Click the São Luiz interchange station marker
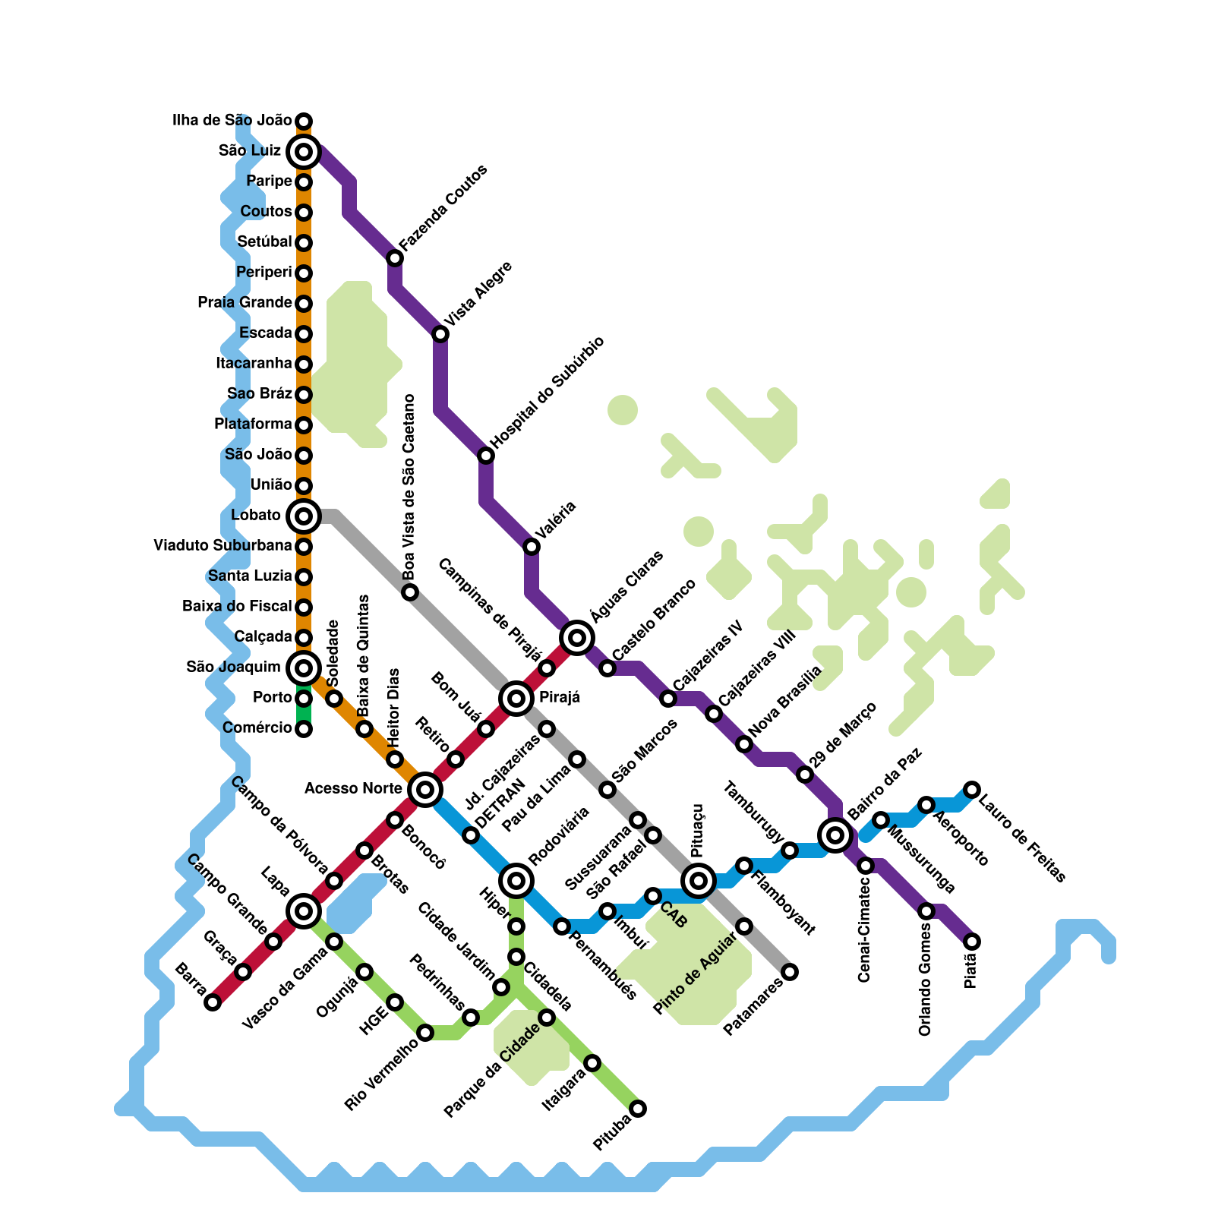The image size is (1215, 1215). click(304, 152)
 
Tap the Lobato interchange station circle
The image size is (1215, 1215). click(304, 516)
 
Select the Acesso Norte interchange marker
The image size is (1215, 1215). click(425, 790)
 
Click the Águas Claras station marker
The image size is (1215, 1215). click(577, 637)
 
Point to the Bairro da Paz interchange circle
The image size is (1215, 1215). click(835, 835)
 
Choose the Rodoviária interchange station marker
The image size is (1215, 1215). click(516, 881)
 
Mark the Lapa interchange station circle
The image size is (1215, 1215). click(304, 910)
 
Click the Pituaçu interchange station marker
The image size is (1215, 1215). click(699, 881)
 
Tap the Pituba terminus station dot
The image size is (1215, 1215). click(639, 1109)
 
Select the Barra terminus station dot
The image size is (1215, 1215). click(213, 1002)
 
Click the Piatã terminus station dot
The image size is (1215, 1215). click(972, 942)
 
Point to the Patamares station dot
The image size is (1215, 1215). click(791, 972)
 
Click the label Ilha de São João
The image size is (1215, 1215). click(232, 121)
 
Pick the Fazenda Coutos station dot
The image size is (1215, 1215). click(395, 258)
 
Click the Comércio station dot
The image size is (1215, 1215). click(304, 729)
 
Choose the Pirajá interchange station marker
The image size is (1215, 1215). click(516, 698)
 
